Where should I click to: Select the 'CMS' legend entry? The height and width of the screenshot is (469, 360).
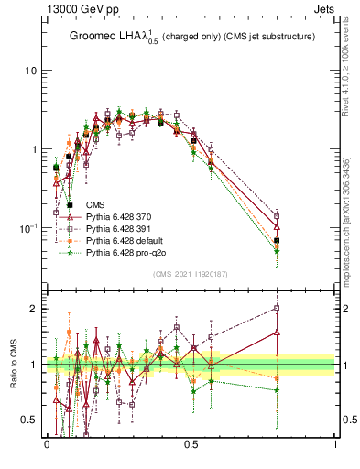94,204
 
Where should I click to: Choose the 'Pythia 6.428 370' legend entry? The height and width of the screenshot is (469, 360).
119,216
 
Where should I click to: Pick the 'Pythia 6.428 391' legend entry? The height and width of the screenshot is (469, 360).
119,228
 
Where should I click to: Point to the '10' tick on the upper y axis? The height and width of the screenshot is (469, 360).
30,71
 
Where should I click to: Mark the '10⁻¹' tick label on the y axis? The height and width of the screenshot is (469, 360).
28,226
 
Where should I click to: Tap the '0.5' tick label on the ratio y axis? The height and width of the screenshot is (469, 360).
28,420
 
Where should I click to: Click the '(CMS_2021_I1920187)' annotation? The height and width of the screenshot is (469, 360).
190,274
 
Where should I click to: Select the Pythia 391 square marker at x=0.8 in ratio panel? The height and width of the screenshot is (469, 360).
278,308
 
